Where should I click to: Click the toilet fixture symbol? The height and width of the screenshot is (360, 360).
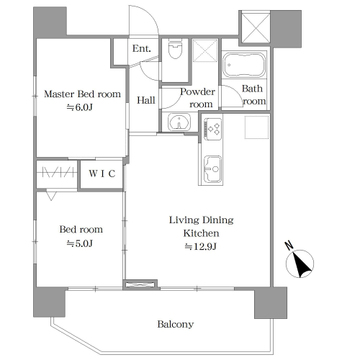tap(175, 49)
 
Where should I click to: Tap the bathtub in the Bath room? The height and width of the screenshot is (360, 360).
tap(244, 65)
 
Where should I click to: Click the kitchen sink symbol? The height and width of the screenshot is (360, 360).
tap(211, 170)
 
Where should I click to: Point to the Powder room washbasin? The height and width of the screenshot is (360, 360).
tap(179, 122)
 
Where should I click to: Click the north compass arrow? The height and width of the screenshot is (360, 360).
tap(300, 264)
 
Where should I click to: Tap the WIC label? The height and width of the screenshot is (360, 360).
tap(102, 174)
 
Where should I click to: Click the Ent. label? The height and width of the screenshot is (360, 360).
tap(142, 49)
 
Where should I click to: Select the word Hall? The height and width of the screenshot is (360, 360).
tap(146, 100)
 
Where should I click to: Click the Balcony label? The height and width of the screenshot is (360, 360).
tap(175, 324)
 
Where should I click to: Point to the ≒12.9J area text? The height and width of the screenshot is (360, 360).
tap(201, 247)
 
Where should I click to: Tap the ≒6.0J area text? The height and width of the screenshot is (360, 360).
tap(79, 107)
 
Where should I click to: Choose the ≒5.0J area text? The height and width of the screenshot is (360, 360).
tap(79, 244)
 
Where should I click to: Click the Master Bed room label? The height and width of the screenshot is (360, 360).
tap(82, 94)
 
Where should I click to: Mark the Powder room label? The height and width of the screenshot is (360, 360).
tap(198, 98)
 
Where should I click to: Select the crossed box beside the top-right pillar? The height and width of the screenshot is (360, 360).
tap(255, 27)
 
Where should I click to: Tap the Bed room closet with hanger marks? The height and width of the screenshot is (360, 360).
tap(57, 174)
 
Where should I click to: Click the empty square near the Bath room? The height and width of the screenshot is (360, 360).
tap(257, 127)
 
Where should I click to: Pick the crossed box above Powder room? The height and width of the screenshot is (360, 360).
tap(205, 50)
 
